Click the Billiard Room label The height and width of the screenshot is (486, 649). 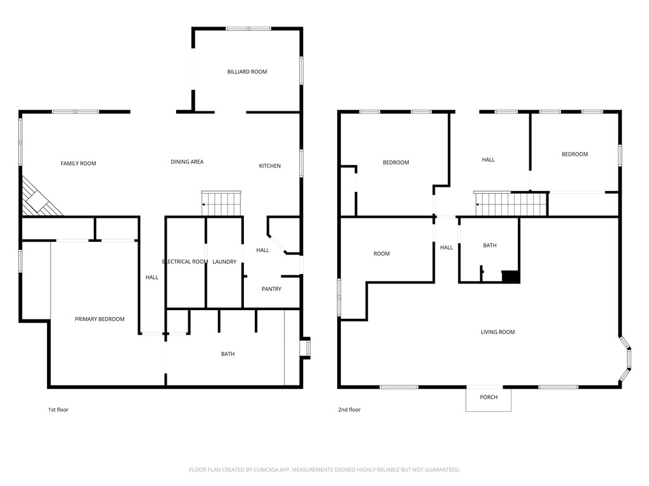point(247,72)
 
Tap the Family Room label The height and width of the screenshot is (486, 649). point(79,164)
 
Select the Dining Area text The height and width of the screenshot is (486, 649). point(187,162)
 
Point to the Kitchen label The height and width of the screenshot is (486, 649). point(269,166)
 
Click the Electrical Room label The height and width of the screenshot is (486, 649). point(185,262)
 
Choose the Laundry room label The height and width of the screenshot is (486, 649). point(224,262)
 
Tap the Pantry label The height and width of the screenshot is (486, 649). point(271,289)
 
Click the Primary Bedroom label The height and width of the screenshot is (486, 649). point(100,320)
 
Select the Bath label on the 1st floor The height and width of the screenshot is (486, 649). point(228,354)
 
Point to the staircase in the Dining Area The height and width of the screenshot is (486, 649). point(221,204)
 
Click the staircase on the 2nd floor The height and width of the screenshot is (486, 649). point(511,204)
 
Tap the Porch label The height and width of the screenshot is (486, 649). point(489,397)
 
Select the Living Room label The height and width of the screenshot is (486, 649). point(498,332)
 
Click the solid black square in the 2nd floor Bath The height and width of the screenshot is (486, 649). point(510,277)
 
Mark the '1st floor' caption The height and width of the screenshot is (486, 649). point(58,410)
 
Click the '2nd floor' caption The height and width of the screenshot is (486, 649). point(349,410)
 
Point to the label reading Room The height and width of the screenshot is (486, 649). point(382,254)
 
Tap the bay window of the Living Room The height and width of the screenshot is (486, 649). point(626,359)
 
